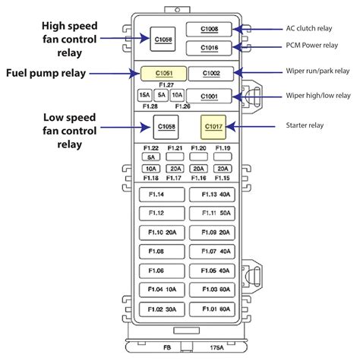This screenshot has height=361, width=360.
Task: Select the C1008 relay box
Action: pyautogui.click(x=210, y=30)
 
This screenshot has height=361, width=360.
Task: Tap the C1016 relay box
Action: pyautogui.click(x=210, y=47)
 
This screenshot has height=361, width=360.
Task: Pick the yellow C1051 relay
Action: pyautogui.click(x=164, y=74)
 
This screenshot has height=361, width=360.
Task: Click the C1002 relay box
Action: pyautogui.click(x=210, y=74)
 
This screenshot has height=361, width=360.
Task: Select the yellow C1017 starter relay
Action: pyautogui.click(x=211, y=125)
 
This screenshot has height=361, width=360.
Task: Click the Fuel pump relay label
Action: pyautogui.click(x=46, y=74)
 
